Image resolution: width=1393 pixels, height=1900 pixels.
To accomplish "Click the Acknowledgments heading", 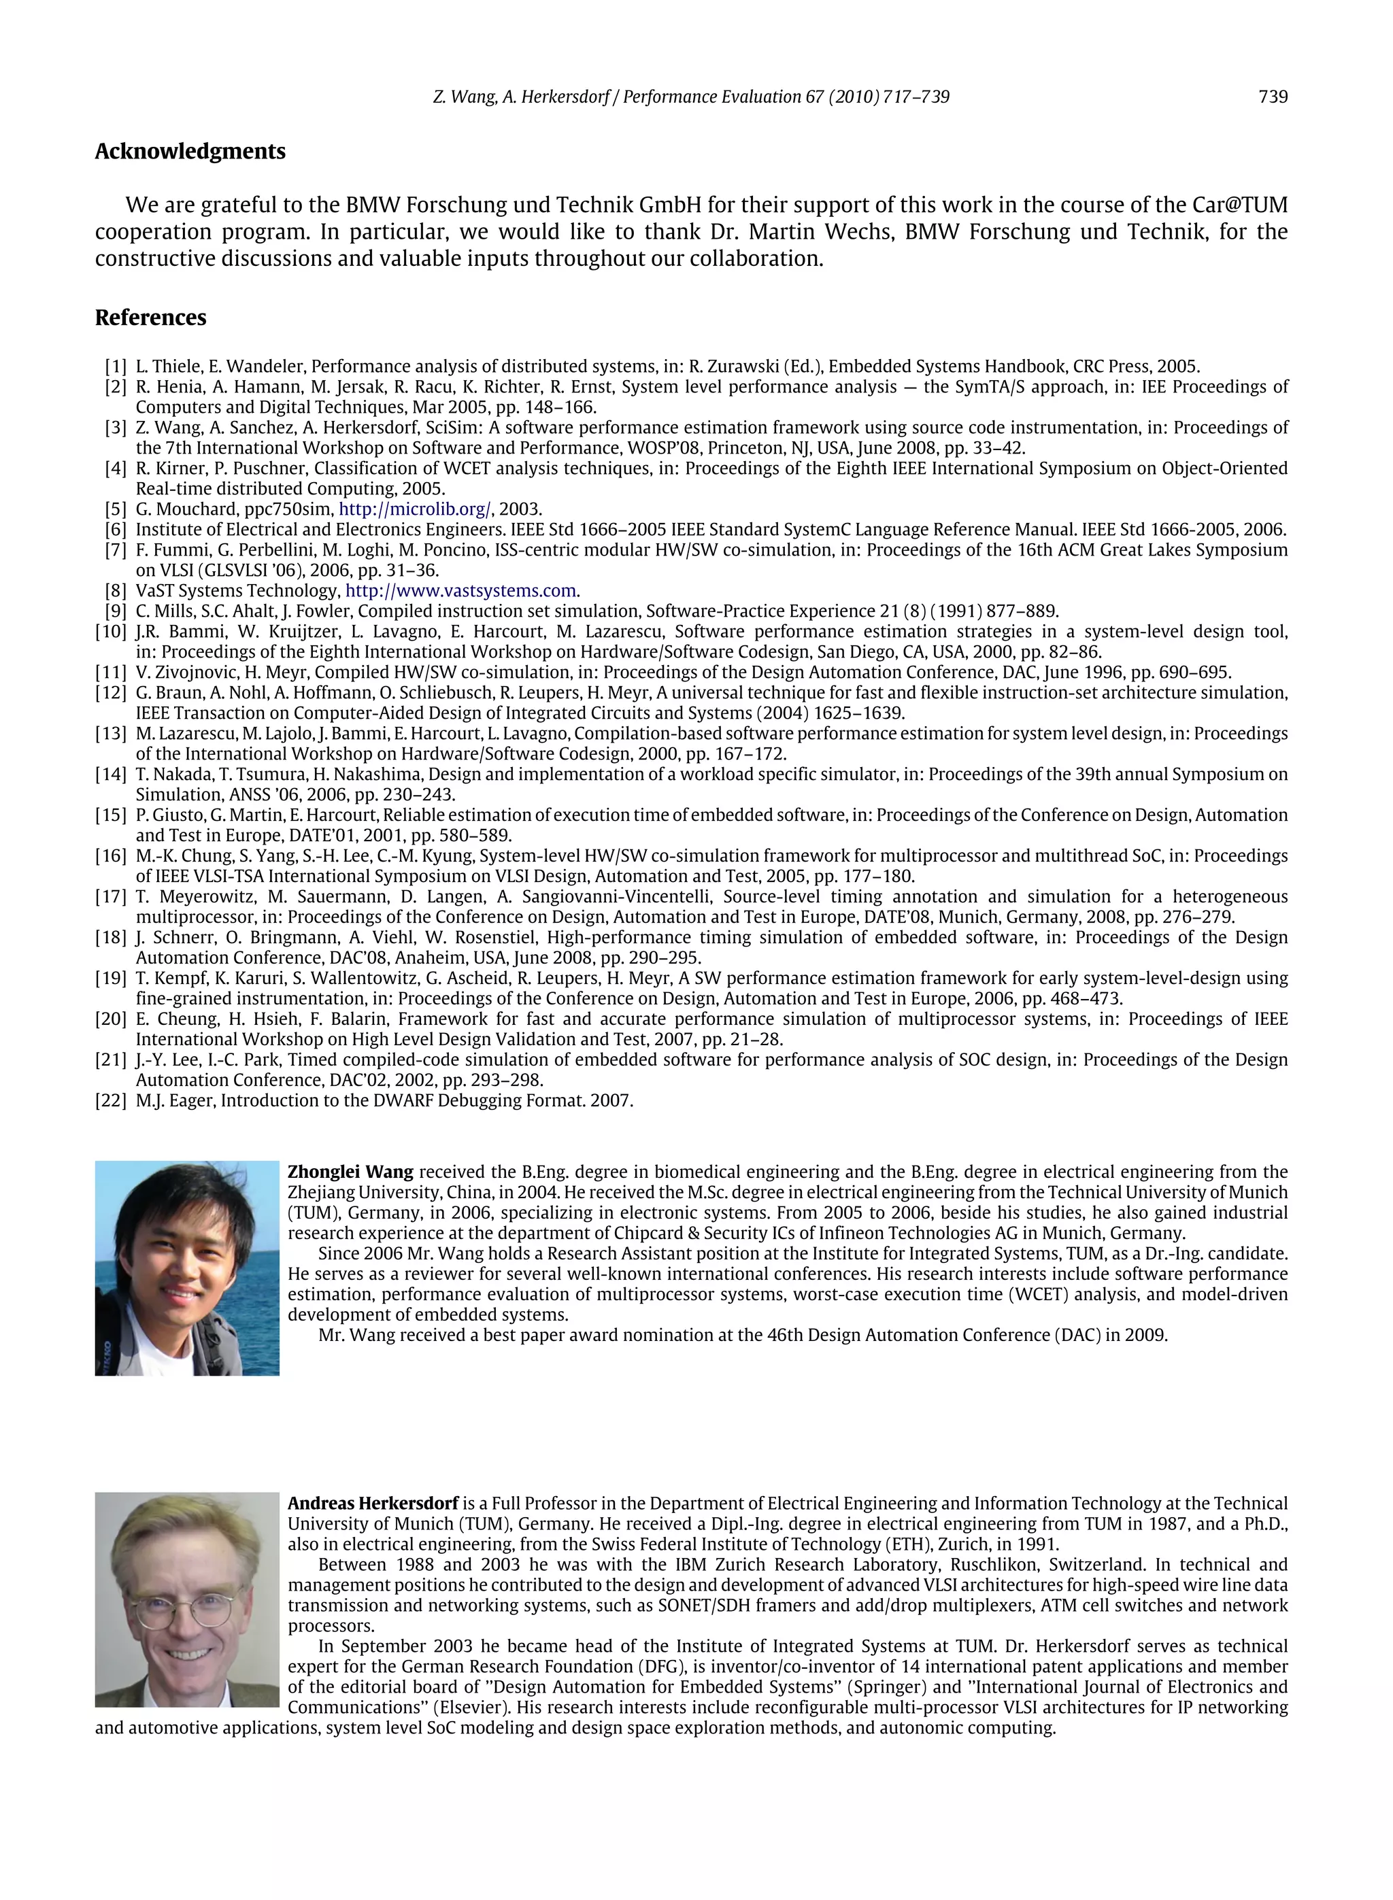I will point(190,152).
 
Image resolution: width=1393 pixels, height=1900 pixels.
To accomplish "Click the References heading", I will point(150,318).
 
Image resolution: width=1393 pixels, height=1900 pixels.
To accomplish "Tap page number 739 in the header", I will point(1273,97).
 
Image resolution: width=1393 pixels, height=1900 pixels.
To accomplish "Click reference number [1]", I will point(116,367).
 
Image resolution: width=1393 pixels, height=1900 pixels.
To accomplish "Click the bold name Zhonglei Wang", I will point(350,1172).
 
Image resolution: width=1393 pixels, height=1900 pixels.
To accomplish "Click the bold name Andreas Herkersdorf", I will point(373,1504).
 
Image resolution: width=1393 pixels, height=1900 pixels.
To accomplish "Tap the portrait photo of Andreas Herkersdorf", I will point(186,1599).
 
